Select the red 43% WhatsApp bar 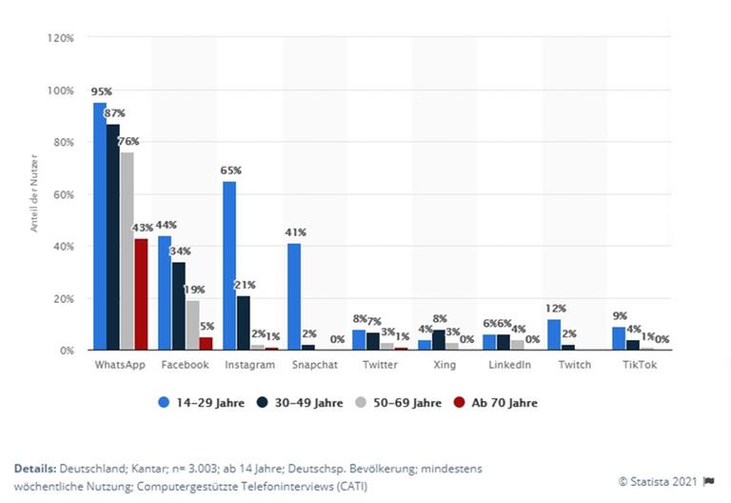(x=141, y=294)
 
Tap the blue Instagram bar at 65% (x=229, y=266)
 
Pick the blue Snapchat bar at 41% (x=294, y=297)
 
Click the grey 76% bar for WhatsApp (x=128, y=251)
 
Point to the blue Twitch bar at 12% (x=553, y=334)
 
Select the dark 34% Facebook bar (x=178, y=306)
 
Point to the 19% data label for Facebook (x=193, y=290)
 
